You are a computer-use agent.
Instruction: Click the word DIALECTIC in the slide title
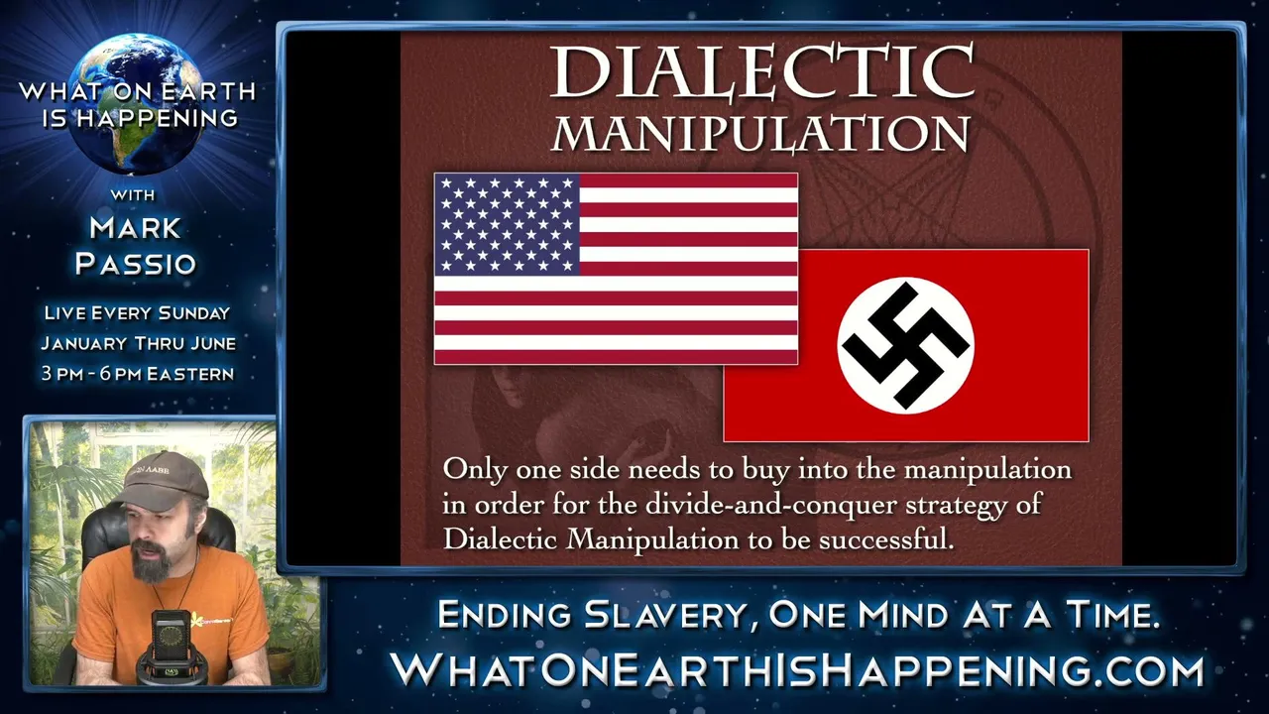762,72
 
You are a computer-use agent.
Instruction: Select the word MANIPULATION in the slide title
760,134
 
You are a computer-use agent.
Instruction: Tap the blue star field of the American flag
507,224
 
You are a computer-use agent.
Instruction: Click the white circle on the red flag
906,346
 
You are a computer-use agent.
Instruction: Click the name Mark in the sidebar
136,228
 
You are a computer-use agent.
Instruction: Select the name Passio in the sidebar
136,264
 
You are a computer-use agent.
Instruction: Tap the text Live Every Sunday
137,312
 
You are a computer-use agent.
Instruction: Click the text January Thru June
138,343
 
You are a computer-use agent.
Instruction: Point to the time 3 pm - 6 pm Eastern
138,374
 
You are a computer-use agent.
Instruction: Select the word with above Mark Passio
133,195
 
